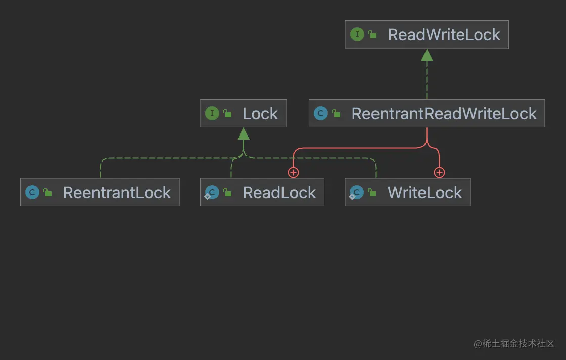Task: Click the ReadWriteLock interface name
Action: [444, 35]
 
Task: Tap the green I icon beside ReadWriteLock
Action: [357, 34]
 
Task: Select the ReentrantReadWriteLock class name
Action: [444, 114]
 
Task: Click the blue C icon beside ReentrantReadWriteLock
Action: [320, 114]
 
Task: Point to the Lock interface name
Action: [260, 114]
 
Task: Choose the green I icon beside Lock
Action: [212, 114]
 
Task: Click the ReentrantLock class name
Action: [117, 193]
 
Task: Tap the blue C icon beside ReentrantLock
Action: [32, 193]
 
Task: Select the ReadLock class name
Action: [279, 193]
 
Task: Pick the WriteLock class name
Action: [424, 193]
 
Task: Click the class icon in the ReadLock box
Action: [212, 193]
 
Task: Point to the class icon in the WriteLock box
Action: [356, 193]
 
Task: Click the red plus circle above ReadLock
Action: [293, 173]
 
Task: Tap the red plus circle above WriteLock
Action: [439, 173]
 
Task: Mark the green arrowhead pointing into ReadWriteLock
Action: [427, 55]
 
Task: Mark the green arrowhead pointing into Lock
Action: [244, 133]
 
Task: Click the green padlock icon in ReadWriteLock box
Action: [373, 35]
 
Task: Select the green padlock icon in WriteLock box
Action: [372, 193]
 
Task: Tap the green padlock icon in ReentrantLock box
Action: [48, 193]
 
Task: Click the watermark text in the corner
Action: [514, 344]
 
